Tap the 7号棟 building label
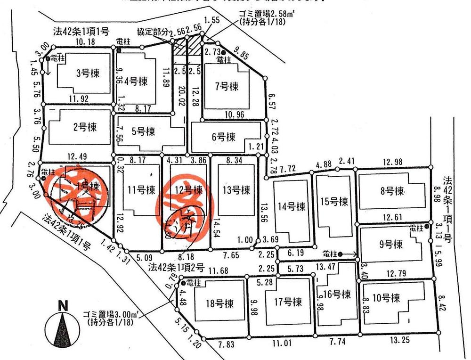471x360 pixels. [226, 86]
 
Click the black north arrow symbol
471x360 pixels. [61, 330]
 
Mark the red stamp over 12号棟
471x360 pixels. [186, 202]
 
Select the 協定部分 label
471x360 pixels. [152, 32]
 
